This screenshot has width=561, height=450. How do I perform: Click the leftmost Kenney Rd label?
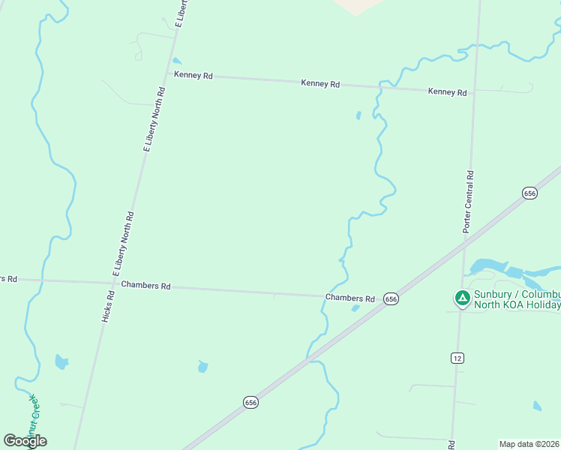coord(193,75)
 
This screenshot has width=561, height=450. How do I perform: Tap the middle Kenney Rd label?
coord(320,84)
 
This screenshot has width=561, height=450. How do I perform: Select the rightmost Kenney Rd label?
coord(447,92)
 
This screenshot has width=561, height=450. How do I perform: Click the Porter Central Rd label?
coord(469,202)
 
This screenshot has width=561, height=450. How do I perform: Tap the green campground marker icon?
coord(463,298)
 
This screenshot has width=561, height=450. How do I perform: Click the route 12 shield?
coord(457,358)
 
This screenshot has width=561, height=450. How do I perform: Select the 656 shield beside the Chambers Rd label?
coord(391,298)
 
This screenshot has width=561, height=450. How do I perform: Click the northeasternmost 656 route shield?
coord(529,193)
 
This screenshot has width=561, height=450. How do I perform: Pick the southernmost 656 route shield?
coord(251,403)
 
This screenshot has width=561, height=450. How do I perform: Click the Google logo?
coord(25,441)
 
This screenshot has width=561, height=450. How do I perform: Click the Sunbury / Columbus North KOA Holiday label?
coord(517,299)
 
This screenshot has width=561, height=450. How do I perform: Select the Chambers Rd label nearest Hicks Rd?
coord(146,286)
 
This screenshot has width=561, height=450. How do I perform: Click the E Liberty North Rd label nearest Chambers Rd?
coord(123,243)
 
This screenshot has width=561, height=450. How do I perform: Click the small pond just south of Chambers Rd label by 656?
coord(355,308)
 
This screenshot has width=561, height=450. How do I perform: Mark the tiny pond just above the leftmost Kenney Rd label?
coord(176,61)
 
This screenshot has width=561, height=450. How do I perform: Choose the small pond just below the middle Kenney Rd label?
coord(358,115)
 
